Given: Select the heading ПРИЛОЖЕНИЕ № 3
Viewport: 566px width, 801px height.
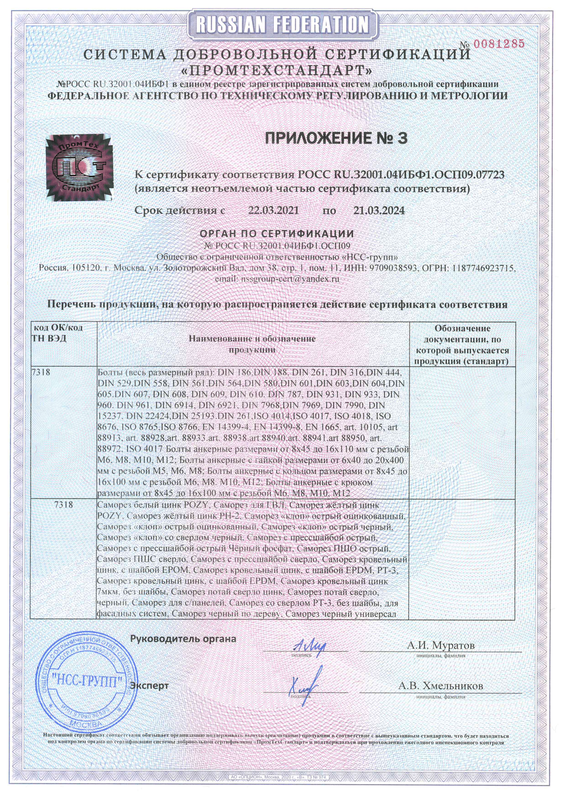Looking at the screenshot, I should [336, 138].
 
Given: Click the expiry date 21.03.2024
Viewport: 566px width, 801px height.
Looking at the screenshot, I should [379, 210].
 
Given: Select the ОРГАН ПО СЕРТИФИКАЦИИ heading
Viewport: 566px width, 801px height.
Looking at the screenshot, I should [277, 233].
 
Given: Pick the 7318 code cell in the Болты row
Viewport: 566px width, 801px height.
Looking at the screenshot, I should [41, 372].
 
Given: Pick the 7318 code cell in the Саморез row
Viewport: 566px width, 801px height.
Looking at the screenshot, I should [63, 504].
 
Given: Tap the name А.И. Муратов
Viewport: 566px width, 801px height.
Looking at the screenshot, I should [440, 645].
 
